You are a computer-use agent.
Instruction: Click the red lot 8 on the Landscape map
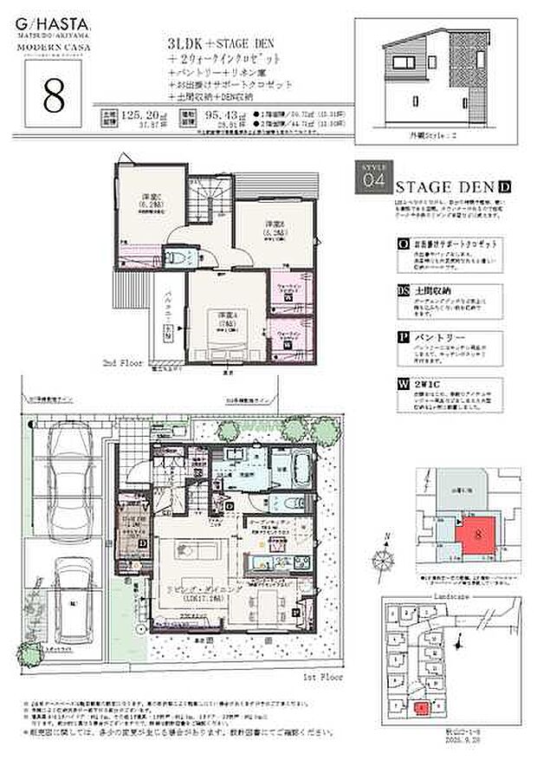coord(420,708)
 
